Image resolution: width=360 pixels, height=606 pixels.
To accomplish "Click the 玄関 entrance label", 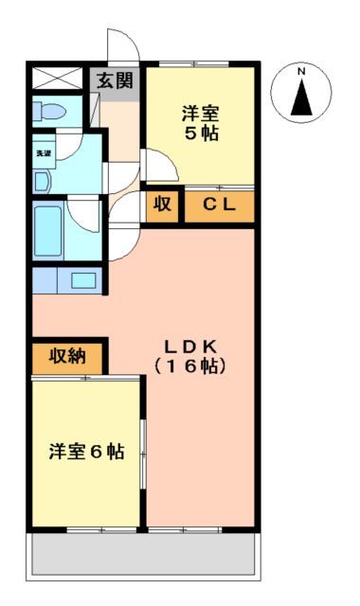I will (x=115, y=80).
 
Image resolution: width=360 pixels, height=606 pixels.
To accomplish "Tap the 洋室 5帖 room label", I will (x=201, y=123).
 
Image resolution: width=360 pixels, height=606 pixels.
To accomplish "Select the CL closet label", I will (x=219, y=204).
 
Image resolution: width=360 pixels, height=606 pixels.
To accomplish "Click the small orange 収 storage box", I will (x=161, y=204).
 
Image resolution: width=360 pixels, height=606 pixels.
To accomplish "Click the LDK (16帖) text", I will (x=201, y=354).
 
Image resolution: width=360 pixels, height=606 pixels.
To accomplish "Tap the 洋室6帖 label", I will (x=86, y=451).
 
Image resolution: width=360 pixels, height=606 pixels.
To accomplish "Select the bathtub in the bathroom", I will (x=49, y=230).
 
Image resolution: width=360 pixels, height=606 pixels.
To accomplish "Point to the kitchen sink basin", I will (x=83, y=280).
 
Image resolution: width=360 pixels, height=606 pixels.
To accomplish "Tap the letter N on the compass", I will (x=302, y=72).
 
